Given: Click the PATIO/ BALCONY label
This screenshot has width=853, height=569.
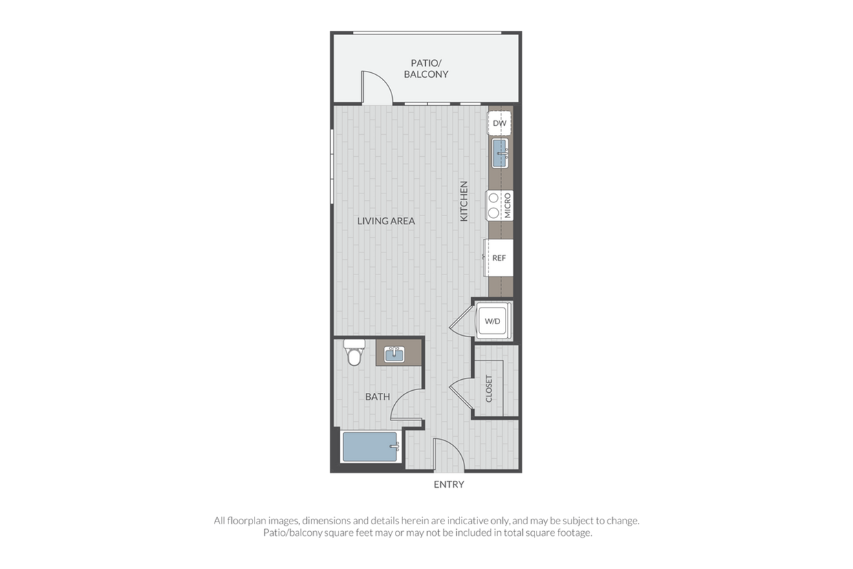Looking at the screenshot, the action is tap(426, 69).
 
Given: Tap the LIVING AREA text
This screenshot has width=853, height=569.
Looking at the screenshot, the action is tap(386, 221).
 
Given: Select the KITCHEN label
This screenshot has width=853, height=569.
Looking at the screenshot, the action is tap(464, 201).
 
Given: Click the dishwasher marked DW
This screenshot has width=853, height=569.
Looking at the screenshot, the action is tap(499, 122).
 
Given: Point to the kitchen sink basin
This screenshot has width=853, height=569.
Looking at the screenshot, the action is tap(499, 153).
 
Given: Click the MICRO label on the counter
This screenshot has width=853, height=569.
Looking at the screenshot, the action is tap(507, 206).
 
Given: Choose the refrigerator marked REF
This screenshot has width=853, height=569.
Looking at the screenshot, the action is tap(499, 258).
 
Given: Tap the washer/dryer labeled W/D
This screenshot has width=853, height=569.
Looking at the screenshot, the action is tap(493, 321).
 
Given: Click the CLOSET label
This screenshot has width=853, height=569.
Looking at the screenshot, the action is tap(489, 389).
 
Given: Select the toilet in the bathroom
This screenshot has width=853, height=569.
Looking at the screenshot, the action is tap(354, 352).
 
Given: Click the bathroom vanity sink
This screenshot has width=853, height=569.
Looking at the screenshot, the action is tap(394, 354).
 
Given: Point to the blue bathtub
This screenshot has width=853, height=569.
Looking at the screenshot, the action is tap(370, 447).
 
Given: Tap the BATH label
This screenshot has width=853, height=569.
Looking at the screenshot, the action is tap(378, 397).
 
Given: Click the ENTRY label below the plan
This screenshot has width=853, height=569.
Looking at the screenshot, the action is tap(449, 484).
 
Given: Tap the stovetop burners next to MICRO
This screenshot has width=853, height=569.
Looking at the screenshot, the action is tap(493, 205).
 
